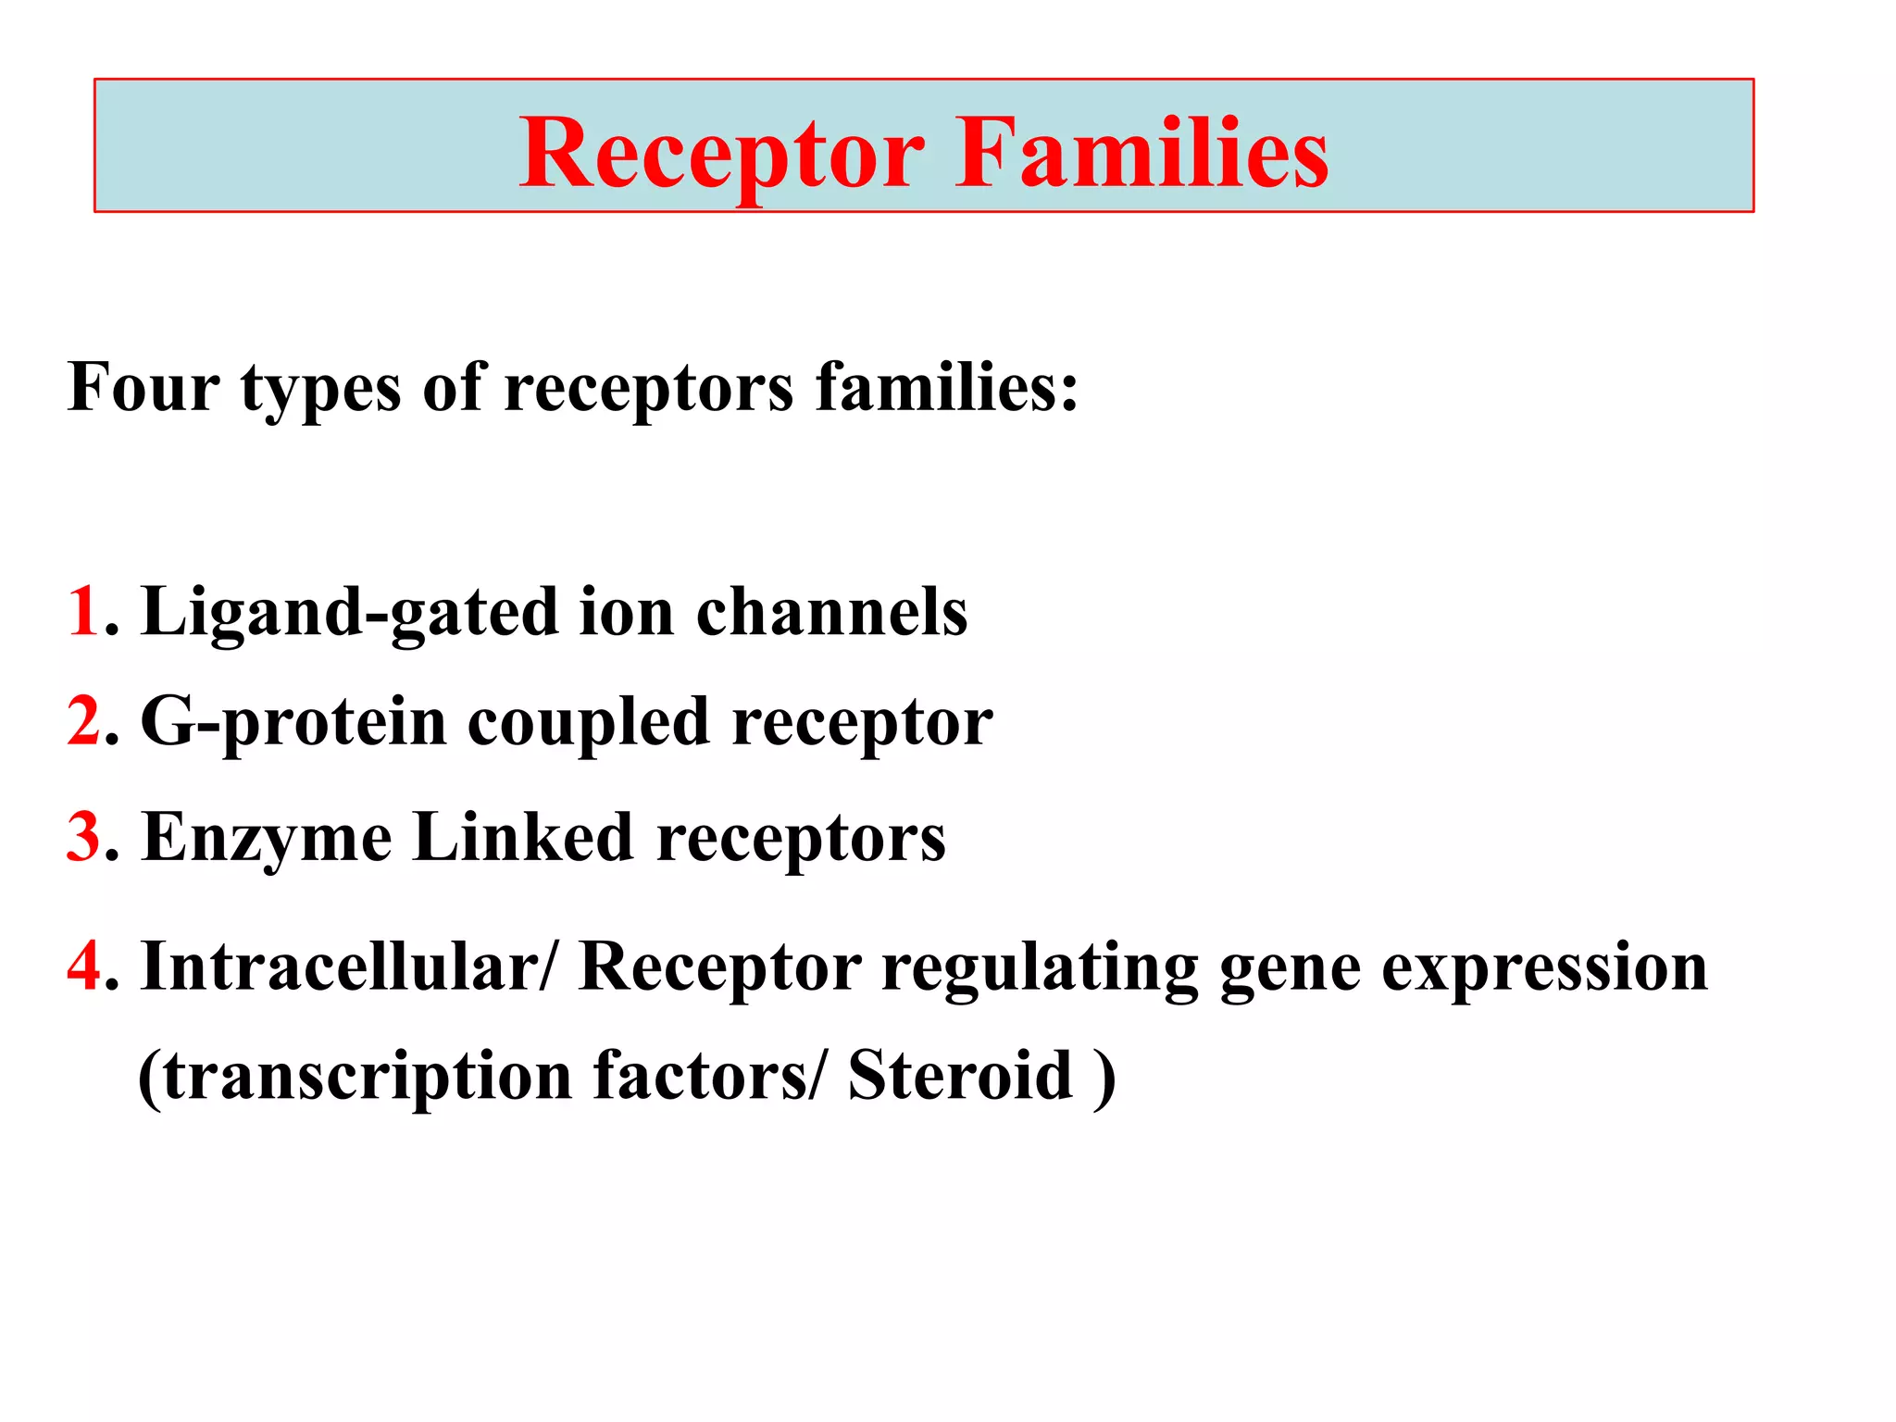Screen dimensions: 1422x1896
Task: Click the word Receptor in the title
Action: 720,155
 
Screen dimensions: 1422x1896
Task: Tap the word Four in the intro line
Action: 143,387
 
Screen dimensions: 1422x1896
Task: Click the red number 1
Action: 83,612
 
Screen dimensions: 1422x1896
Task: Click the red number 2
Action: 83,722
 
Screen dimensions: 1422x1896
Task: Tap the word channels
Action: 831,612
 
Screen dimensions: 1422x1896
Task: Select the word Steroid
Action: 960,1076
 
